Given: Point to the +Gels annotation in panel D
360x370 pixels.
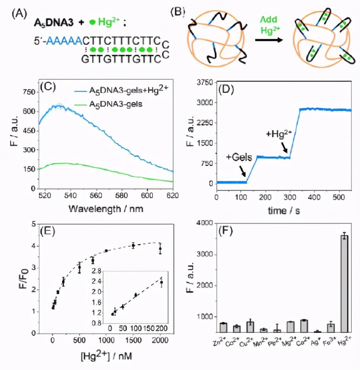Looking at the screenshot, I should [x=237, y=157].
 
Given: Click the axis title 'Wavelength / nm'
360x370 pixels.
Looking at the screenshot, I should [x=106, y=209].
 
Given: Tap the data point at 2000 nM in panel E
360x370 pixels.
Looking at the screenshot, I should [x=160, y=248].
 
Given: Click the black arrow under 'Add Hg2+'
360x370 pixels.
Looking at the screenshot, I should [x=268, y=40].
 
